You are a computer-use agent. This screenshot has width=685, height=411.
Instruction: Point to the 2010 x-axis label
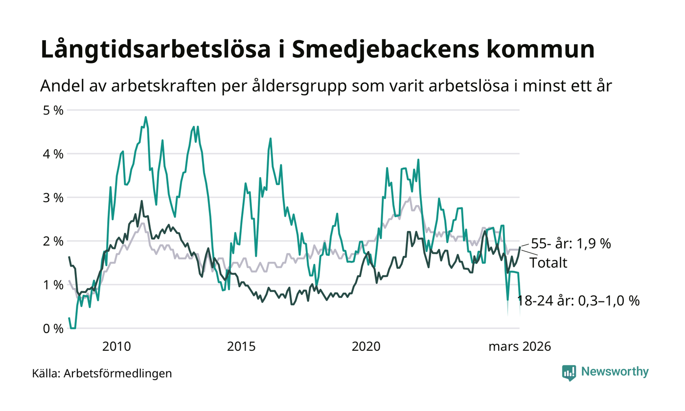point(116,347)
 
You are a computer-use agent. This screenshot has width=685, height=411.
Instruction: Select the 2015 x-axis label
point(242,347)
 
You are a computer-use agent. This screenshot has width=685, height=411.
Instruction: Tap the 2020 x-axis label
point(366,347)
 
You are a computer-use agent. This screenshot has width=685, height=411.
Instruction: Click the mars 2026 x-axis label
point(520,347)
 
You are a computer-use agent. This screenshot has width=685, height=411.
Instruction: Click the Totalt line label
point(548,263)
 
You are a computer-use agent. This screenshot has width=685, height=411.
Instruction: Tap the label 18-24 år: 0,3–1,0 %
point(579,301)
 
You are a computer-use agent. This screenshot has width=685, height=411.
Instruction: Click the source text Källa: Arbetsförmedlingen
point(102,374)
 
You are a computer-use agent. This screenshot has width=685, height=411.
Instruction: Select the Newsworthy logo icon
point(569,372)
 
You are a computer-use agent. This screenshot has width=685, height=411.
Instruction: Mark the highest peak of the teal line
point(146,117)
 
